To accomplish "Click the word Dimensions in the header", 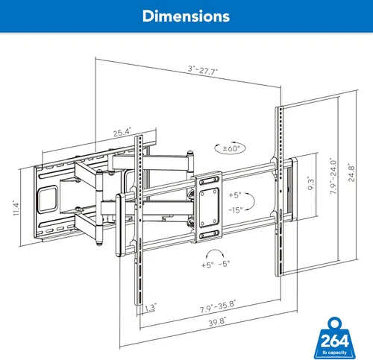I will pos(186,15).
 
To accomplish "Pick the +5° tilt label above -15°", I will pos(236,195).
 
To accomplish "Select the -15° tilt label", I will pos(236,209).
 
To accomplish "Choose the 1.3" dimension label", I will pos(151,306).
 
